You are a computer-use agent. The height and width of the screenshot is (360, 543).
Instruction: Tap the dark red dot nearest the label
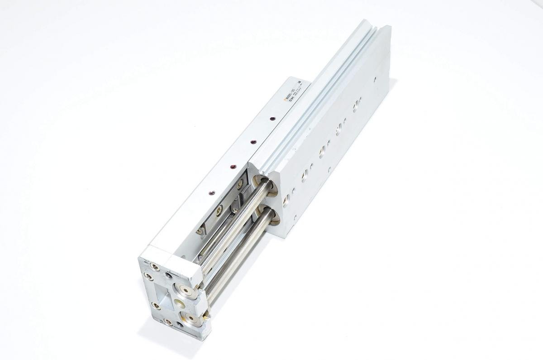(x=271, y=119)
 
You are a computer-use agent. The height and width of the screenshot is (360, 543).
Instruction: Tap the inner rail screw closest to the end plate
(x=200, y=231)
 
